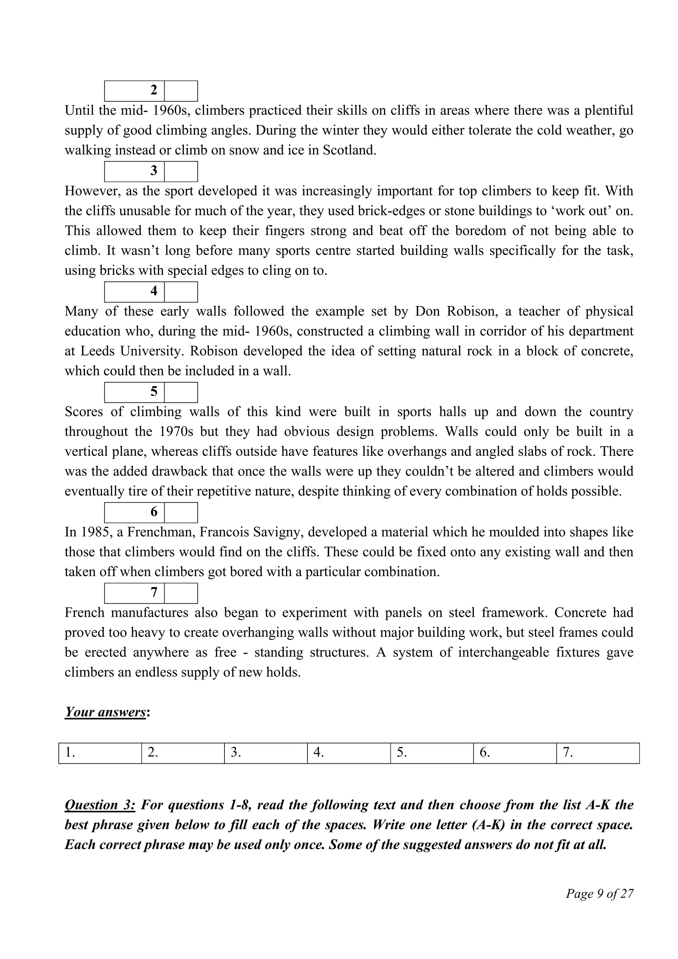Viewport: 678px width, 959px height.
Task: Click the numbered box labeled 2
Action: click(134, 91)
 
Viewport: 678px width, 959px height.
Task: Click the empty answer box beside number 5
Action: click(181, 392)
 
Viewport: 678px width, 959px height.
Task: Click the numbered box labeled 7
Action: click(134, 593)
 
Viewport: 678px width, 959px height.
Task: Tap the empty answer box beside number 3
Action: click(181, 171)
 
